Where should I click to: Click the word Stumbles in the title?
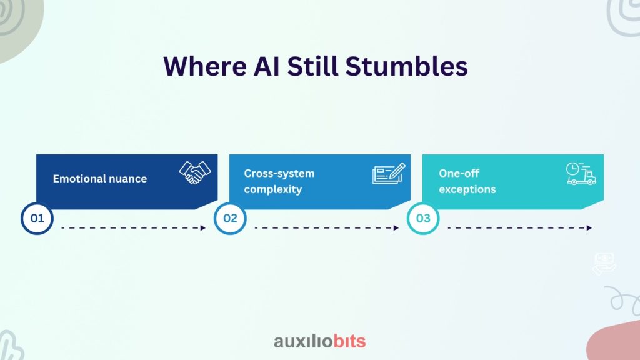[x=406, y=66]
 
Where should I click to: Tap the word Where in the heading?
[x=205, y=66]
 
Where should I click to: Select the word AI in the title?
[x=266, y=66]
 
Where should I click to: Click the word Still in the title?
[x=312, y=66]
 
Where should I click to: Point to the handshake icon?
[x=195, y=172]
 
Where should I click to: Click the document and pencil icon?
[x=389, y=174]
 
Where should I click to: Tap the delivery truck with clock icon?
[x=581, y=174]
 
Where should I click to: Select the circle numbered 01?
[x=37, y=218]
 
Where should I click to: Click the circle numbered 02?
[x=230, y=218]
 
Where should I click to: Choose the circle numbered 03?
[x=423, y=218]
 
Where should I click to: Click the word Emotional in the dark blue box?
[x=79, y=178]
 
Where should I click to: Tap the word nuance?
[x=127, y=179]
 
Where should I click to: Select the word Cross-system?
[x=279, y=174]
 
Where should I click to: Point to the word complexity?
[x=273, y=189]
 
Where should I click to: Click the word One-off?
[x=459, y=173]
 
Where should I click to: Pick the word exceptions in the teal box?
[x=467, y=189]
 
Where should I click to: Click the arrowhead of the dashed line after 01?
[x=203, y=227]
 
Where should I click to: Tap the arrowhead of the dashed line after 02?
[x=396, y=227]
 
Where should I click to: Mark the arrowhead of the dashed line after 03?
[x=589, y=227]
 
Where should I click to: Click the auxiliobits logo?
[x=319, y=341]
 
